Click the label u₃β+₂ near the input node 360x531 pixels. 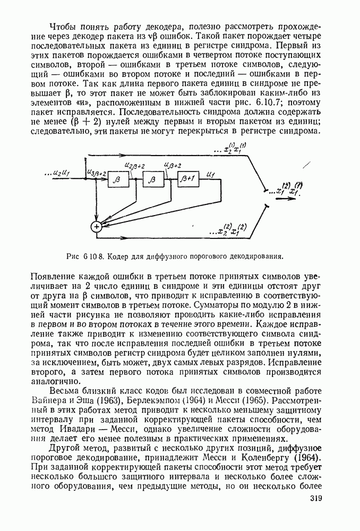tap(96, 173)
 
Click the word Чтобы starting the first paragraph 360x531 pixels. tap(62, 27)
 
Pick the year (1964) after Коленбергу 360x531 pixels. tap(308, 456)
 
